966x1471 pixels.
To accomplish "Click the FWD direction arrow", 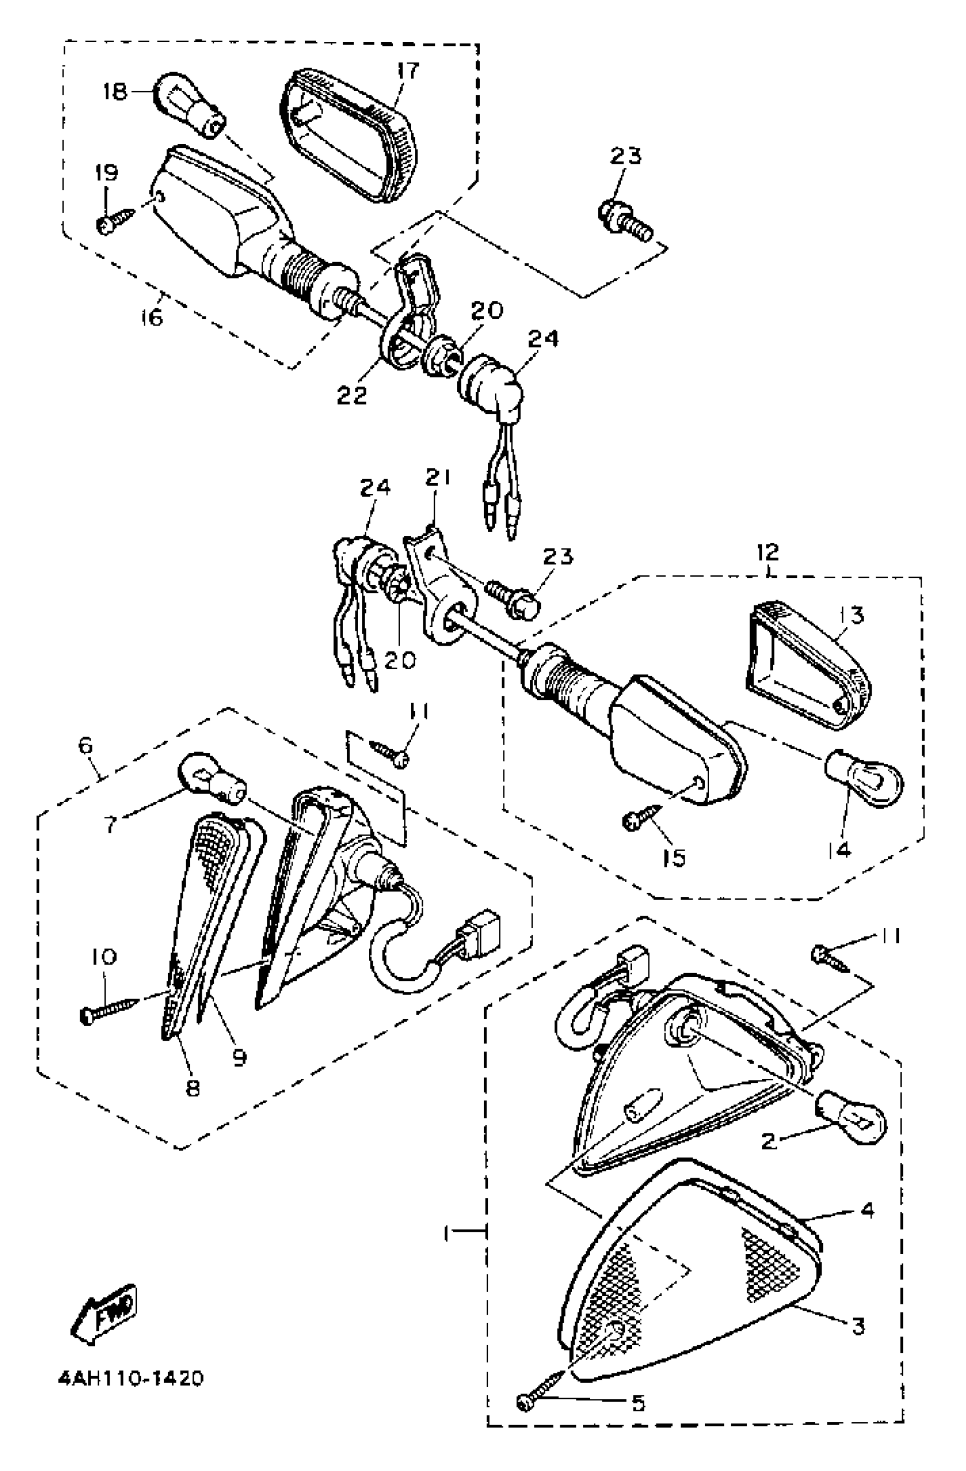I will click(103, 1314).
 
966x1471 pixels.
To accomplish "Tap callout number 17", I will click(408, 71).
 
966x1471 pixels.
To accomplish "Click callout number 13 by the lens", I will click(852, 616).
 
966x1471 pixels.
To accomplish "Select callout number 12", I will click(769, 551).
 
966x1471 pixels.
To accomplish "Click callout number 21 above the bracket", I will click(438, 478).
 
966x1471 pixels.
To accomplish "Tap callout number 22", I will click(352, 394).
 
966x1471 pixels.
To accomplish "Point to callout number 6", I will click(85, 746).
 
